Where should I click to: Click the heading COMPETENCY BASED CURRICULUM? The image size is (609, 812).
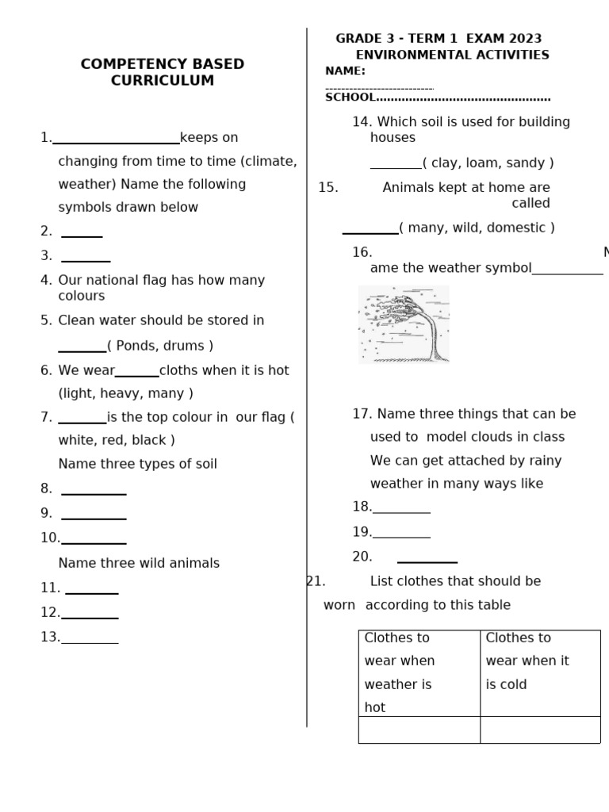pos(162,72)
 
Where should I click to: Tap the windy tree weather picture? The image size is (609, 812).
pos(404,324)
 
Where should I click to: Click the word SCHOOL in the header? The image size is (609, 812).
pos(350,98)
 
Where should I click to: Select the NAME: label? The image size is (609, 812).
pos(345,71)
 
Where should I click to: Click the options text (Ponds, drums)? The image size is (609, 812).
pos(160,346)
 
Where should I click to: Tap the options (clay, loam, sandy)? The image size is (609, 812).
pos(488,163)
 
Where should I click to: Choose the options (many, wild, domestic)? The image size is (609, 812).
pos(477,228)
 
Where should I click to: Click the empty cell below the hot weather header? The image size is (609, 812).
pos(419,730)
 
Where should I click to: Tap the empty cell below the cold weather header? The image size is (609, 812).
pos(539,730)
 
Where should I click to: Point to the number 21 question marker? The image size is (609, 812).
pos(316,581)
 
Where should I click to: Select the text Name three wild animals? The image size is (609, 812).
pos(139,563)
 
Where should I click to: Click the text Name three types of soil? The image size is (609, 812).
pos(137,464)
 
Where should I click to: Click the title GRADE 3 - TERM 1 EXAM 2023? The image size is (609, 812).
pos(439,39)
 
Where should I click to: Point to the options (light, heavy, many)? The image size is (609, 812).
pos(125,393)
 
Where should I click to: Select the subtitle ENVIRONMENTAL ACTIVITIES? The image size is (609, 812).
pos(452,55)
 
